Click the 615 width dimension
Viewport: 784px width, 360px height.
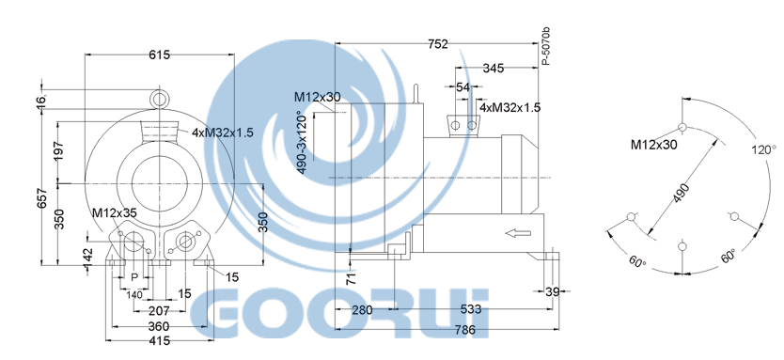pyautogui.click(x=160, y=55)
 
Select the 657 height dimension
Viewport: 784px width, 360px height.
pyautogui.click(x=44, y=198)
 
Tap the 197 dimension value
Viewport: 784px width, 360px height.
pyautogui.click(x=59, y=151)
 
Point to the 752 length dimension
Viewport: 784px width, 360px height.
pyautogui.click(x=437, y=44)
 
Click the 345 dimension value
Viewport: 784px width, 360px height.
pyautogui.click(x=493, y=68)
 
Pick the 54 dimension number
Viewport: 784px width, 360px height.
pyautogui.click(x=463, y=87)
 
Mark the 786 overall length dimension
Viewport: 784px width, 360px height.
pyautogui.click(x=464, y=330)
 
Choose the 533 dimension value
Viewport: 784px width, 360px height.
pyautogui.click(x=471, y=309)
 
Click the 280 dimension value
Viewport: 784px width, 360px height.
pyautogui.click(x=362, y=309)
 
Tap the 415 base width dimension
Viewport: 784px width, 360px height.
pyautogui.click(x=160, y=341)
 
